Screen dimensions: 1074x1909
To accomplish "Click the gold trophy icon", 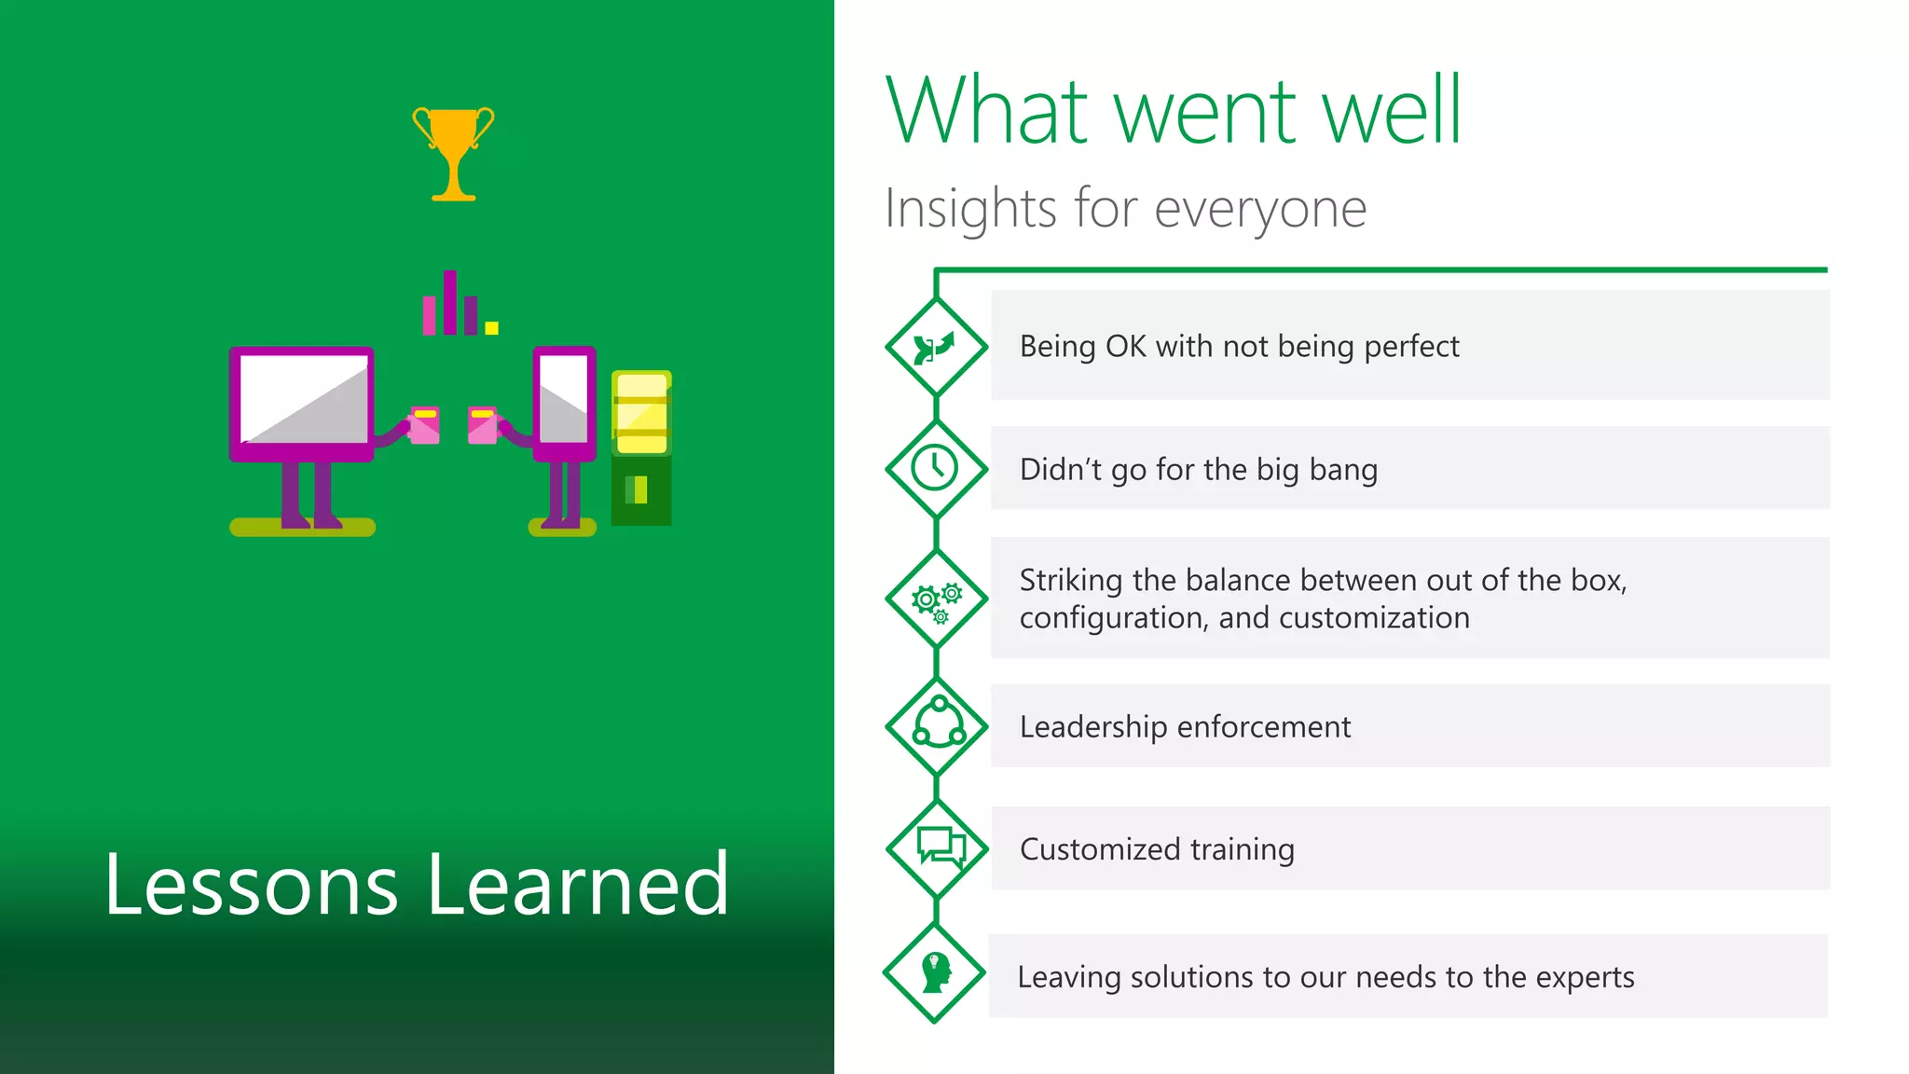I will click(454, 149).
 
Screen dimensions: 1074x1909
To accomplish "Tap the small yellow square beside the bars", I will click(492, 327).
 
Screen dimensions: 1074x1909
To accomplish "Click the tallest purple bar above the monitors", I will click(450, 302).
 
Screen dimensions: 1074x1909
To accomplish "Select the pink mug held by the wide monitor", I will click(424, 425).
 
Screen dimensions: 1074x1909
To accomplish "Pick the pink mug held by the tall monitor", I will click(482, 425).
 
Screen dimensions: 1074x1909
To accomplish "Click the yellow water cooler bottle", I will click(641, 413).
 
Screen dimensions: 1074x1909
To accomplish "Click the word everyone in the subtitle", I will click(1260, 209).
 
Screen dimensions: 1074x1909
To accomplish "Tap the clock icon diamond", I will click(935, 468).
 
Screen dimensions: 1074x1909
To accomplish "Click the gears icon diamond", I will click(936, 599).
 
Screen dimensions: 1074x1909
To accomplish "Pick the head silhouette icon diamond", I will click(935, 972).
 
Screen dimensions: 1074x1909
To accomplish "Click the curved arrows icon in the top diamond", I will click(935, 348).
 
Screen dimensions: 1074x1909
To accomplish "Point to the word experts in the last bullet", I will click(1585, 977).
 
